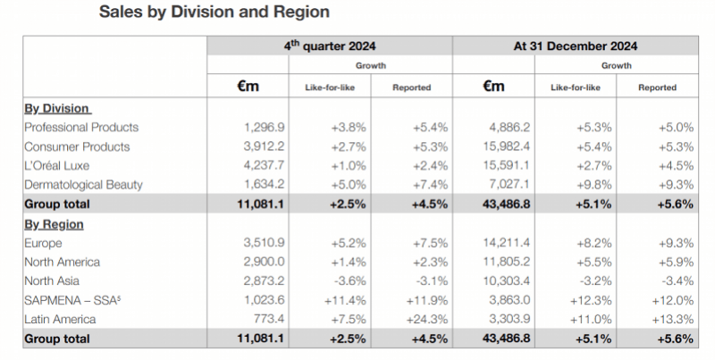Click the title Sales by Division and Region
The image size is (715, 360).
(x=214, y=12)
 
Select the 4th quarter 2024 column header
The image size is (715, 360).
(x=330, y=46)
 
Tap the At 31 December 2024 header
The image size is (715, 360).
(x=576, y=46)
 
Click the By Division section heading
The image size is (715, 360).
(x=57, y=108)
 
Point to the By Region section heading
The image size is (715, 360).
(x=54, y=224)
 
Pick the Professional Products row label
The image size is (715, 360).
(x=81, y=127)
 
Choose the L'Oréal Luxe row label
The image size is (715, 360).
(x=56, y=165)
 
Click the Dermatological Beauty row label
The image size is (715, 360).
(x=83, y=185)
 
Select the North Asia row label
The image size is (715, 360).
(x=52, y=281)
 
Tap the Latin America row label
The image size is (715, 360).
(x=60, y=320)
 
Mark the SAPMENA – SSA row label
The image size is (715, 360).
(x=72, y=300)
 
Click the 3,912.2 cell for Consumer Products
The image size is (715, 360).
(x=264, y=147)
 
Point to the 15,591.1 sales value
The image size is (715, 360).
(x=507, y=165)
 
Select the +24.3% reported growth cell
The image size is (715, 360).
(x=426, y=320)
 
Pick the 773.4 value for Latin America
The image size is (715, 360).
(x=269, y=320)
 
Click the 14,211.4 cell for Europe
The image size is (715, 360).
(x=507, y=243)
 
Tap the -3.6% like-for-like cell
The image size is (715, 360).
(x=349, y=281)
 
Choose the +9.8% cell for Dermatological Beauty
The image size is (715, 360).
(x=594, y=185)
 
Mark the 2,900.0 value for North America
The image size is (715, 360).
(x=264, y=262)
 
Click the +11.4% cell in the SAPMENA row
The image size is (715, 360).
(x=345, y=300)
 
